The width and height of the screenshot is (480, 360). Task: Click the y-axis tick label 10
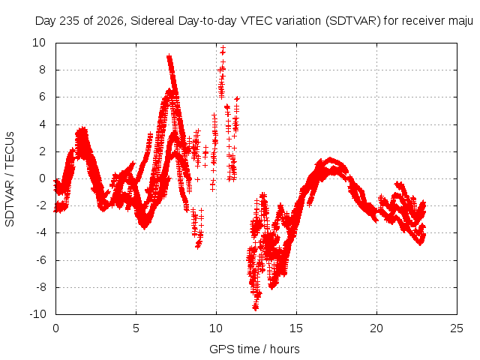pos(39,43)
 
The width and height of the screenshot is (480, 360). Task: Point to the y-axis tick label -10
pos(37,314)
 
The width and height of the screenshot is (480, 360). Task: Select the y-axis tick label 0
pos(42,178)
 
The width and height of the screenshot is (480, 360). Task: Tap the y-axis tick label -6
pos(40,260)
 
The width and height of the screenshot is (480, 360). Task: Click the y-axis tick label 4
pos(42,124)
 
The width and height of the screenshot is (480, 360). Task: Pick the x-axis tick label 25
pos(457,328)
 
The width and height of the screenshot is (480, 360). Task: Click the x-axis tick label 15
pos(296,328)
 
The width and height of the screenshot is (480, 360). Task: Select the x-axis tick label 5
pos(136,328)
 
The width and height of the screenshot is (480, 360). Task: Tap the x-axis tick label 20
pos(376,328)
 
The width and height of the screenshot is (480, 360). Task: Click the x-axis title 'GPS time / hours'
pos(254,349)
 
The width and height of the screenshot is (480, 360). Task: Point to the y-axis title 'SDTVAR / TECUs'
pos(10,179)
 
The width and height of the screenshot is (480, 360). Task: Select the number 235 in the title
pos(70,21)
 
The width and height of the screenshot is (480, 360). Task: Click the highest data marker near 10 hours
pos(223,48)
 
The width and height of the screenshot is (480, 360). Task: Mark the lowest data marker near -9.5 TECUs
pos(256,308)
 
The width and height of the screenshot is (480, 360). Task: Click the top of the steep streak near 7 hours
pos(169,57)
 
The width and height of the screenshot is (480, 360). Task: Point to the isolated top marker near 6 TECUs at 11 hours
pos(237,98)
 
